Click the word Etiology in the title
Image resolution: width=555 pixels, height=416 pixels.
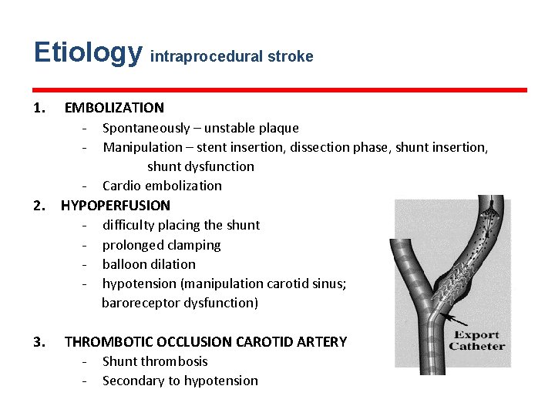click(x=88, y=53)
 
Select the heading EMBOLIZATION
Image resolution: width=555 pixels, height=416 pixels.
click(x=114, y=108)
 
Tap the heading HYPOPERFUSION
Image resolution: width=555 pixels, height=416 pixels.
click(x=116, y=206)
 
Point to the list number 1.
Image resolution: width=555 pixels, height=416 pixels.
click(x=39, y=108)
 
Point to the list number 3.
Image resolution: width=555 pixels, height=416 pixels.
click(x=39, y=341)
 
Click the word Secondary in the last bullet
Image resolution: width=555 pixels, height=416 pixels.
click(x=132, y=381)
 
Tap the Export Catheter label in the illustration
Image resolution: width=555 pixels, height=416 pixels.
click(x=476, y=340)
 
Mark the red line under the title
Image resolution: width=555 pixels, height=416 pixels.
click(x=281, y=90)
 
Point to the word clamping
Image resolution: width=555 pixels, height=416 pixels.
click(x=193, y=245)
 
